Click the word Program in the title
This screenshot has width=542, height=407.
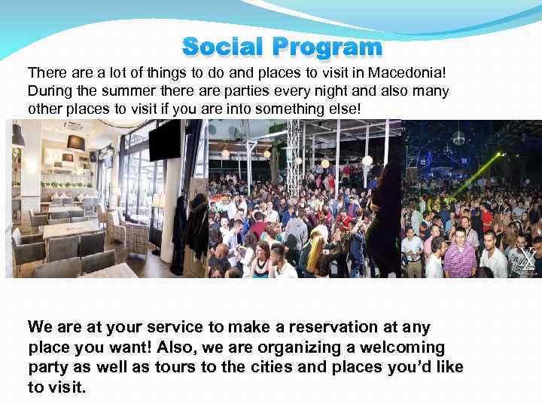pyautogui.click(x=327, y=47)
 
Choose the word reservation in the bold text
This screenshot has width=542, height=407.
pyautogui.click(x=336, y=327)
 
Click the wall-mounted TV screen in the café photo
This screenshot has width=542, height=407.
pyautogui.click(x=165, y=140)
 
